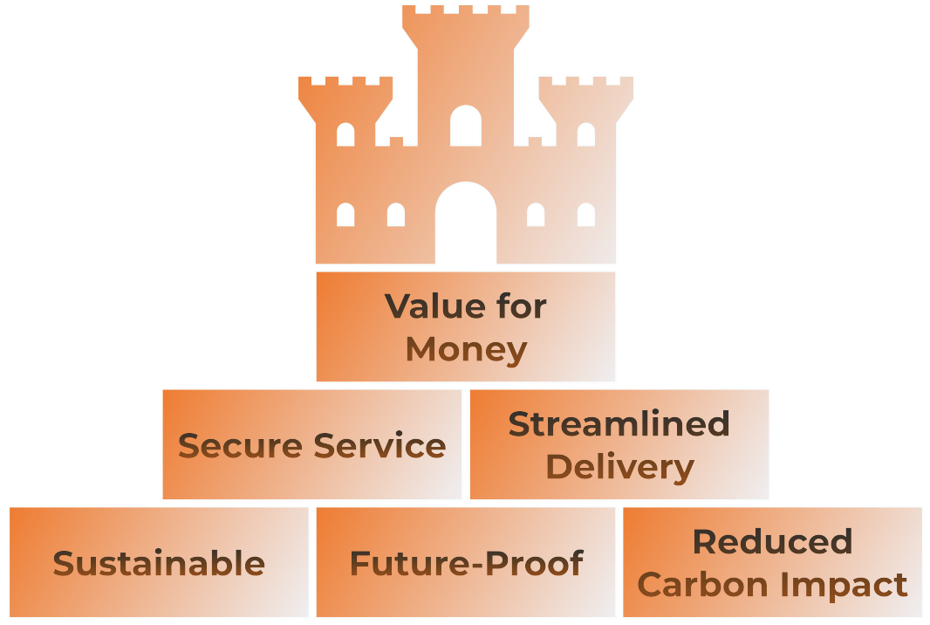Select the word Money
click(466, 350)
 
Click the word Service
click(380, 446)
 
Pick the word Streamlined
click(619, 424)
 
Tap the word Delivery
click(619, 467)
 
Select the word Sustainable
click(159, 564)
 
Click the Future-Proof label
click(466, 564)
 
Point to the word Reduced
click(772, 542)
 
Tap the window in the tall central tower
click(466, 127)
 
